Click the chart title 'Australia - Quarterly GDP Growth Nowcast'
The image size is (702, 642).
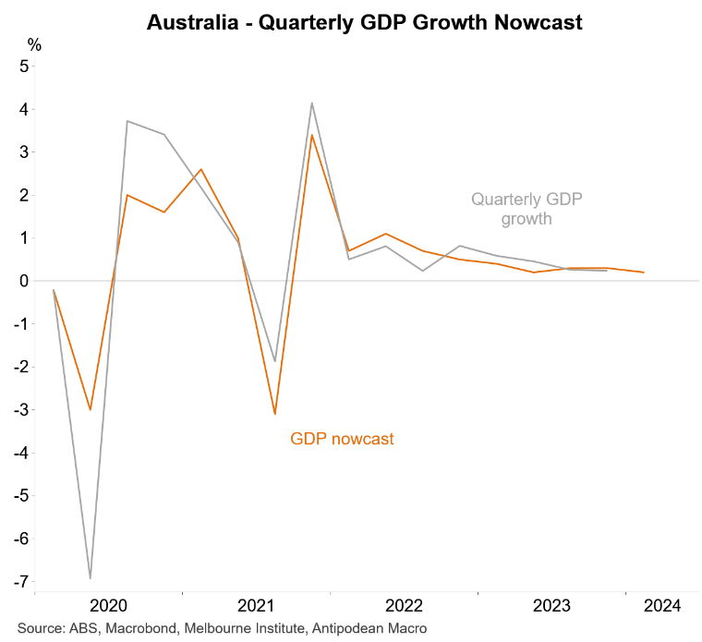(364, 23)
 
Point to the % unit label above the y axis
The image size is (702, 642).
(34, 44)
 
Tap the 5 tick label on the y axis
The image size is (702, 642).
(24, 66)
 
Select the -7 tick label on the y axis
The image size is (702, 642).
(21, 582)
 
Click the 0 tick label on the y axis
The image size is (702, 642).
(24, 281)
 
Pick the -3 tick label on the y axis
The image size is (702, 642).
(21, 409)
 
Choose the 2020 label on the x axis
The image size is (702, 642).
(109, 606)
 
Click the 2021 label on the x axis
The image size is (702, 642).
(257, 606)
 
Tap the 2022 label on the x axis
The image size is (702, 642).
(405, 606)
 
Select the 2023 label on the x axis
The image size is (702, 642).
(552, 606)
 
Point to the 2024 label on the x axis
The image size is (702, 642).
(662, 606)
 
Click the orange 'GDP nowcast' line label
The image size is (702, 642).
(342, 439)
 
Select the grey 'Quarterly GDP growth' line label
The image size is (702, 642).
(526, 209)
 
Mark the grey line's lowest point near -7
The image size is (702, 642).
(91, 578)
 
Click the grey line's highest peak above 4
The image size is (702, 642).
(312, 103)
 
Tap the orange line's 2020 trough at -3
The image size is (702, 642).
(91, 409)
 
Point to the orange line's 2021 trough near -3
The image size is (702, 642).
(275, 414)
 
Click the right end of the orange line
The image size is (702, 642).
(644, 273)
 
